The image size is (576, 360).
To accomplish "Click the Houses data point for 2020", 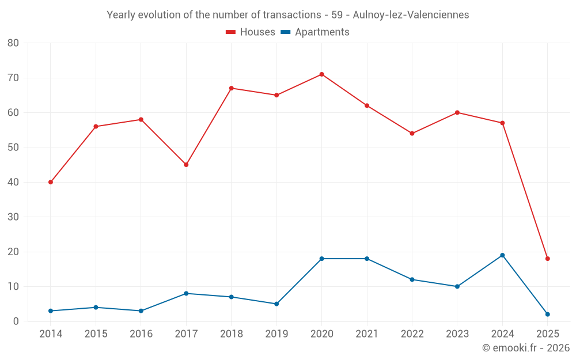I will pyautogui.click(x=321, y=74).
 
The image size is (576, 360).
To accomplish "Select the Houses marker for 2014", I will pyautogui.click(x=51, y=182).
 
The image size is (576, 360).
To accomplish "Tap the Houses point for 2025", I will pyautogui.click(x=547, y=259).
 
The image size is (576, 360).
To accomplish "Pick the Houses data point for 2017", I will pyautogui.click(x=186, y=165).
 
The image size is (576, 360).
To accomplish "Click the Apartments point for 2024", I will pyautogui.click(x=502, y=255).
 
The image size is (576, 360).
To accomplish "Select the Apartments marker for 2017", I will pyautogui.click(x=186, y=294).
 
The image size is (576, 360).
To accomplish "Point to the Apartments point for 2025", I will pyautogui.click(x=547, y=314).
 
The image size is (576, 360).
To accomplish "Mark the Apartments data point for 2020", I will pyautogui.click(x=321, y=259).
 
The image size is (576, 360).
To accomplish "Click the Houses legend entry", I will pyautogui.click(x=251, y=32).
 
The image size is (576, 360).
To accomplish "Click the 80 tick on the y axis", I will pyautogui.click(x=13, y=43).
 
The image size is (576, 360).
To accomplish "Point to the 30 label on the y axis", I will pyautogui.click(x=13, y=217).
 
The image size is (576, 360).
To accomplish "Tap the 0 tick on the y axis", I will pyautogui.click(x=16, y=321).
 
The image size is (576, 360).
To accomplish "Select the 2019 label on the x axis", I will pyautogui.click(x=276, y=334).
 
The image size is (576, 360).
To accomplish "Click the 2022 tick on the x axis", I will pyautogui.click(x=412, y=334).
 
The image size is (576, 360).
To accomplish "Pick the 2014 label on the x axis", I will pyautogui.click(x=51, y=334).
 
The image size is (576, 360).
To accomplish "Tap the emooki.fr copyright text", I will pyautogui.click(x=526, y=348).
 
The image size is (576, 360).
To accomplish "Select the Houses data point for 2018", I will pyautogui.click(x=231, y=88).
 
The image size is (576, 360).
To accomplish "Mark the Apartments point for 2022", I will pyautogui.click(x=412, y=279).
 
